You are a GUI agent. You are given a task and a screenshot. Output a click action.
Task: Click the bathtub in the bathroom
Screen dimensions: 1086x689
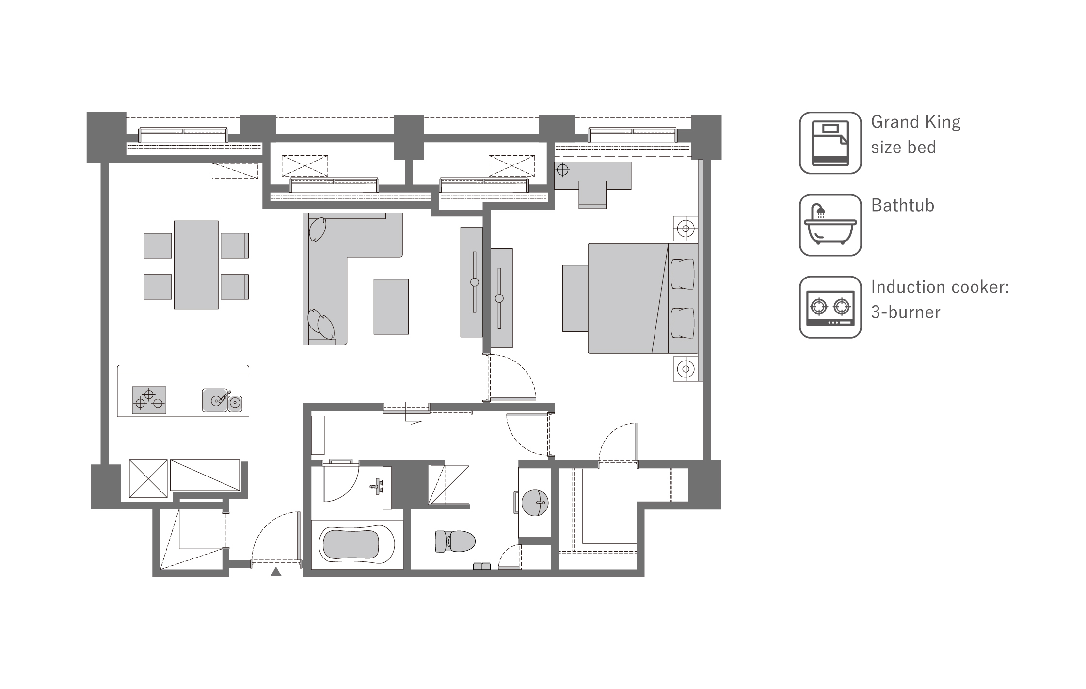(357, 544)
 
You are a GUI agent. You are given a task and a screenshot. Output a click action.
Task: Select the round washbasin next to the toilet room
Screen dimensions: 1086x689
(535, 502)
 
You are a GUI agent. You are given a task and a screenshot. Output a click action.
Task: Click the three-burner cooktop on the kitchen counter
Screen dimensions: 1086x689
(149, 400)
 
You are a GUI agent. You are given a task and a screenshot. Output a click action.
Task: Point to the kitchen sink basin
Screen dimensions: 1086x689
(215, 400)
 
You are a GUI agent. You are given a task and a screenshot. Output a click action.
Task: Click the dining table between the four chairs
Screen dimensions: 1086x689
(196, 264)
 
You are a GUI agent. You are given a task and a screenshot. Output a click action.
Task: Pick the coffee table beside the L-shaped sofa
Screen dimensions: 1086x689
(391, 307)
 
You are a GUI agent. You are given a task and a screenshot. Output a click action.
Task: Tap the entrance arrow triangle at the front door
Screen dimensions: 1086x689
(276, 572)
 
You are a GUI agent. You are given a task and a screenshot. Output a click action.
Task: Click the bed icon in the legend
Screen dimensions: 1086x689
(830, 143)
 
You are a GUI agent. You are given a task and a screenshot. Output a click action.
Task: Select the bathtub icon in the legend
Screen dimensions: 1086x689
(830, 225)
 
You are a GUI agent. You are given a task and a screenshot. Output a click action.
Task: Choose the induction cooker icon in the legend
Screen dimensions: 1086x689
(830, 307)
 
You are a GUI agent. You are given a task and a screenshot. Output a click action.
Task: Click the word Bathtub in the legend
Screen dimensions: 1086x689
(902, 205)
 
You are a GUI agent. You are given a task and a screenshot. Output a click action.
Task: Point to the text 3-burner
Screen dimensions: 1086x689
(905, 312)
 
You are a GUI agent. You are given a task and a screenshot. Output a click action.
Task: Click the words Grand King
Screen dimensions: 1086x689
(915, 122)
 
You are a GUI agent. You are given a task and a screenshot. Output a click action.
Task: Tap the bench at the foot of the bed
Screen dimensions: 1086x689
(575, 298)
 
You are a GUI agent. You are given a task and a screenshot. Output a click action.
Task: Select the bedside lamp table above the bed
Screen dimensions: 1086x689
(686, 228)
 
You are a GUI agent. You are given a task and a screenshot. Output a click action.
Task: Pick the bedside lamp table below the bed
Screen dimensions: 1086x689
(686, 369)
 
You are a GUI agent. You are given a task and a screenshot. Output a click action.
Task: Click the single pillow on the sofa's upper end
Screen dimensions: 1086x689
(318, 229)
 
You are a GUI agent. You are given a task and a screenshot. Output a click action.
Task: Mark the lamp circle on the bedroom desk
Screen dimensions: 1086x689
(562, 170)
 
